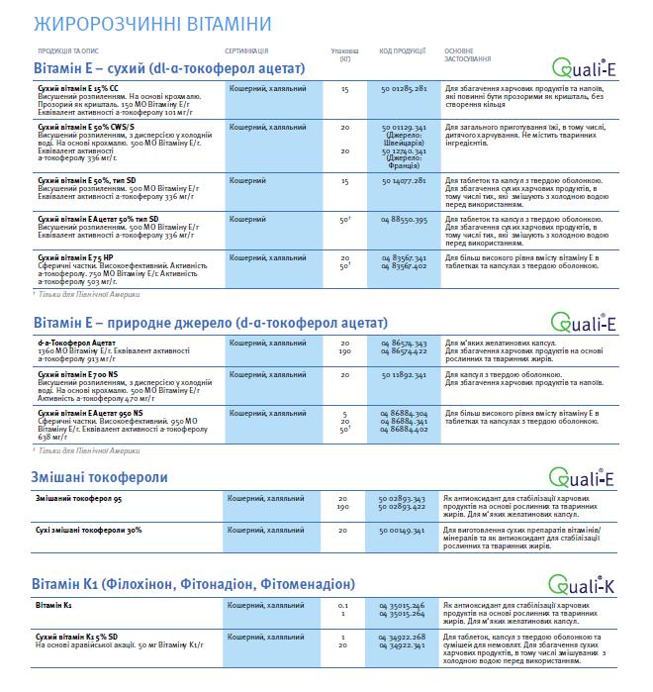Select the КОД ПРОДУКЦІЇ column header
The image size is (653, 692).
(x=402, y=49)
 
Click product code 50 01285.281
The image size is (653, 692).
(x=403, y=88)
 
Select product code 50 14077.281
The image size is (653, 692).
(x=403, y=181)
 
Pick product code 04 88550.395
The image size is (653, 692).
(x=403, y=219)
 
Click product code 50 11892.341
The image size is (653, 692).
(x=403, y=376)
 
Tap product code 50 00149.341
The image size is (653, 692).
(x=403, y=531)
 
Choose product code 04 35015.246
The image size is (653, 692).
(x=403, y=603)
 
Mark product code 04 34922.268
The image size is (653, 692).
(x=403, y=637)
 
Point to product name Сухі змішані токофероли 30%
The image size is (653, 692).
(x=89, y=531)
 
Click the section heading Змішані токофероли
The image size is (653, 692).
(x=100, y=477)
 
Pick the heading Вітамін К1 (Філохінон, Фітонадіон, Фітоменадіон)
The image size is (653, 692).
(x=193, y=583)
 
